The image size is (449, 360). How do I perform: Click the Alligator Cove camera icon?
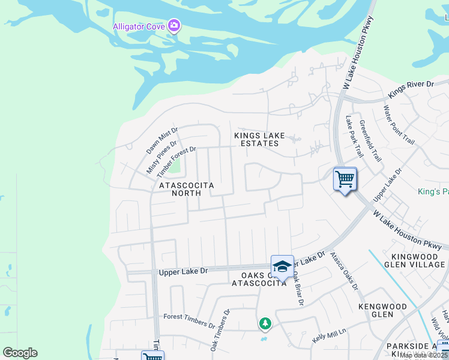pyautogui.click(x=175, y=25)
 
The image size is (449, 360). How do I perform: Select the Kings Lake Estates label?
pyautogui.click(x=259, y=140)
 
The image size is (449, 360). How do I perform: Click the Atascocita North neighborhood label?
pyautogui.click(x=186, y=190)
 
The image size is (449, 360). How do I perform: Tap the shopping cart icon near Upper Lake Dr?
pyautogui.click(x=345, y=179)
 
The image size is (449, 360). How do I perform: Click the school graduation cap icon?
pyautogui.click(x=282, y=266)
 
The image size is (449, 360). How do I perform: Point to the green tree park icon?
pyautogui.click(x=265, y=324)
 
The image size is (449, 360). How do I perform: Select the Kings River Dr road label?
pyautogui.click(x=411, y=91)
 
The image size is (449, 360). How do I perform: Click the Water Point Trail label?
pyautogui.click(x=399, y=125)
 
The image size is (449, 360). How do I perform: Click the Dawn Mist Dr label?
pyautogui.click(x=163, y=140)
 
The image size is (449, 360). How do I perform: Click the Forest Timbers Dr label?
pyautogui.click(x=189, y=320)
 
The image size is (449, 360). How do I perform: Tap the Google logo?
pyautogui.click(x=20, y=353)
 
